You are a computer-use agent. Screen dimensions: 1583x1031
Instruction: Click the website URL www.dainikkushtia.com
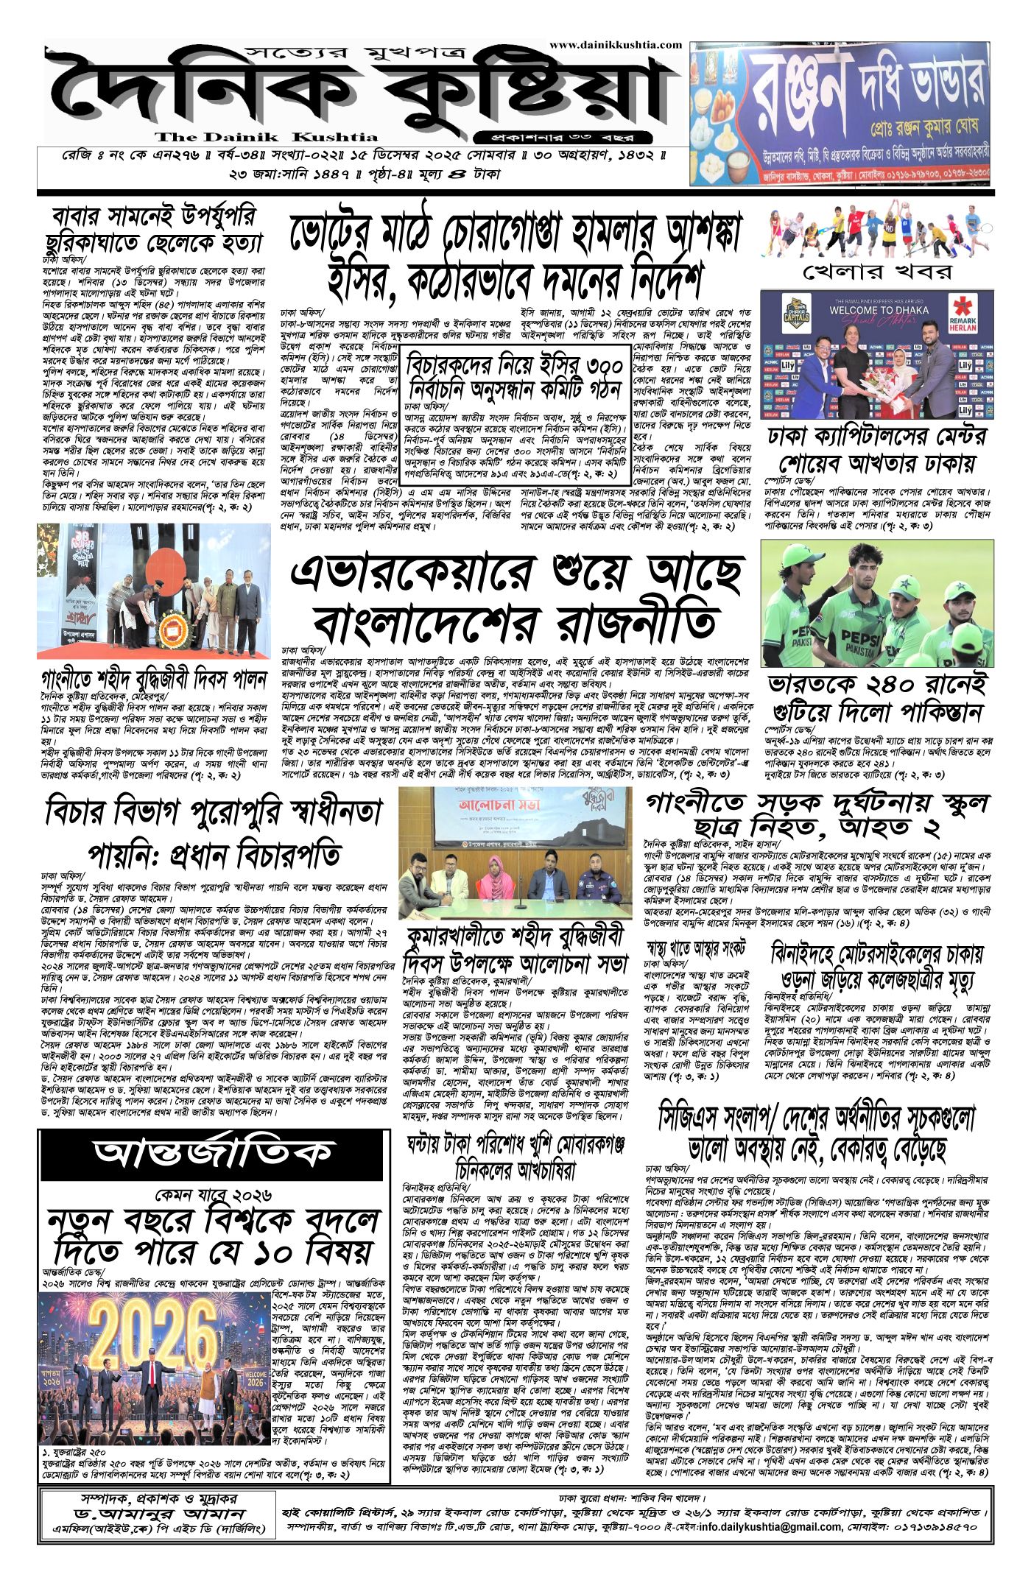click(x=615, y=45)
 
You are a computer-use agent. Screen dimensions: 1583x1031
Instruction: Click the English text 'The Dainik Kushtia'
click(x=267, y=137)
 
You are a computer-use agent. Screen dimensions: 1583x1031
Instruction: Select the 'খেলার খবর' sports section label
click(x=876, y=271)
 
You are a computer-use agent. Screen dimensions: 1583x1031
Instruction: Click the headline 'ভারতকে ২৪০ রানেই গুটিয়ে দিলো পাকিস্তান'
click(x=876, y=698)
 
